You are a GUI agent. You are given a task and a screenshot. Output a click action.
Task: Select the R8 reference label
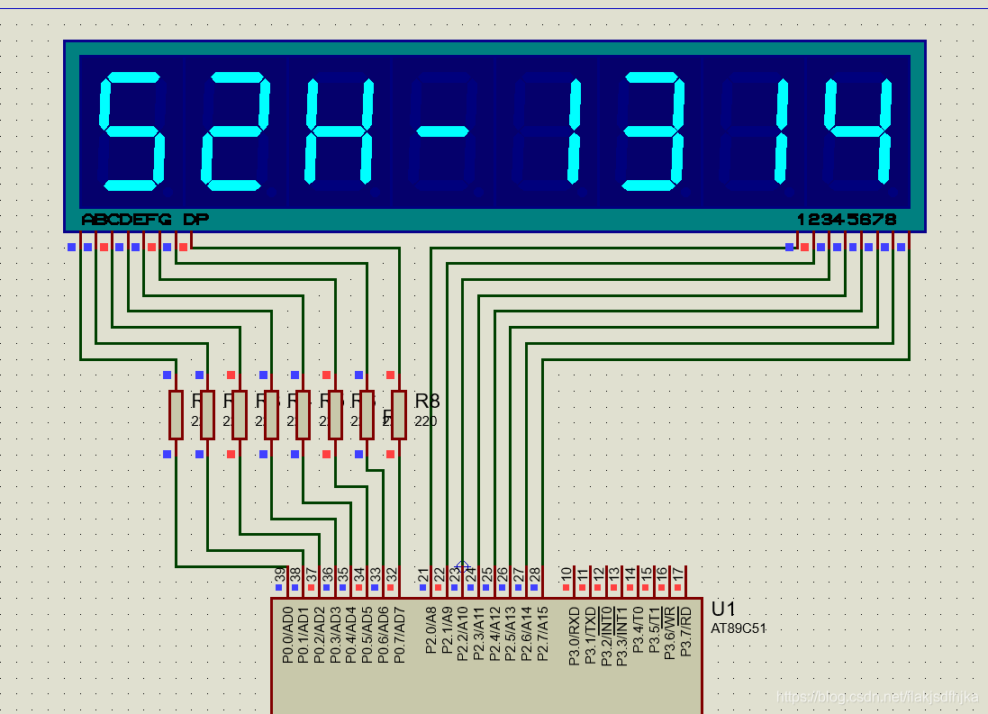pos(427,402)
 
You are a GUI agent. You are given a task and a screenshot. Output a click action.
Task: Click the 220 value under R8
pos(426,420)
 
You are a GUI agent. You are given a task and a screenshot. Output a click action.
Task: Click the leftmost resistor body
pos(176,414)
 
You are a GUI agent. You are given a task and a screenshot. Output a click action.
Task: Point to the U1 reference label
pos(724,609)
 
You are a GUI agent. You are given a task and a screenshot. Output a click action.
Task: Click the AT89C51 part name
pos(738,628)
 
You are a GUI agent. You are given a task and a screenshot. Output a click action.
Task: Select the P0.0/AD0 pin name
pos(287,635)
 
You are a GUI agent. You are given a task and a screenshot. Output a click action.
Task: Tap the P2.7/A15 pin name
pos(542,635)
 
